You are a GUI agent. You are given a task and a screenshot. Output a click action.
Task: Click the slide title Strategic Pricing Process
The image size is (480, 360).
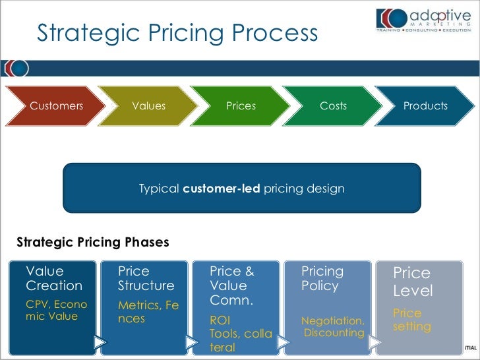(177, 33)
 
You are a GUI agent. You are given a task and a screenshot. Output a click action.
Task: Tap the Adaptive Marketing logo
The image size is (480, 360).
(421, 20)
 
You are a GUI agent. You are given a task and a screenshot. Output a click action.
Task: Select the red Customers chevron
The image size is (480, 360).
(56, 105)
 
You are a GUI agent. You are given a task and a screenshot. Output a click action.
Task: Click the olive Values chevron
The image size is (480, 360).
(148, 105)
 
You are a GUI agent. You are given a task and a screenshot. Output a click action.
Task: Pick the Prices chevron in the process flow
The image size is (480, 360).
(241, 105)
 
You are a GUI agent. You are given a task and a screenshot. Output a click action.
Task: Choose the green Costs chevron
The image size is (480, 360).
(333, 105)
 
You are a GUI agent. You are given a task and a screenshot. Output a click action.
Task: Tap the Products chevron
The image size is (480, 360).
(425, 105)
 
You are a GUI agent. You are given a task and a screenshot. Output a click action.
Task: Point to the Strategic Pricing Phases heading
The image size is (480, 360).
(92, 242)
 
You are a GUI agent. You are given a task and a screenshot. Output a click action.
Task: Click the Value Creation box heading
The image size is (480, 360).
(54, 278)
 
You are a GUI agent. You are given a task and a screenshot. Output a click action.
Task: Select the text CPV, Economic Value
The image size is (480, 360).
(56, 310)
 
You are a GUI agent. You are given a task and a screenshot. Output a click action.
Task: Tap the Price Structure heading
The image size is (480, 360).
(146, 278)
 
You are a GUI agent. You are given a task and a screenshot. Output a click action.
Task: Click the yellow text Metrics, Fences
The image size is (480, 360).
(148, 311)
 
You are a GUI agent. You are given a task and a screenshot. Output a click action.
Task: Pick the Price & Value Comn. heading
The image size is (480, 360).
(232, 285)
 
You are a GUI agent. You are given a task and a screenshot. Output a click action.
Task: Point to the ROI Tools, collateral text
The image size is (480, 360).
(240, 334)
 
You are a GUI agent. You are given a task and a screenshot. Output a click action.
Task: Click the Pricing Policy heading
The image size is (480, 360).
(322, 278)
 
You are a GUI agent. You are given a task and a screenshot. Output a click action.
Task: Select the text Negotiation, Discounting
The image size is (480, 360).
(333, 326)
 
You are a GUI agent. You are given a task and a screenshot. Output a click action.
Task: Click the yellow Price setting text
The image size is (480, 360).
(412, 319)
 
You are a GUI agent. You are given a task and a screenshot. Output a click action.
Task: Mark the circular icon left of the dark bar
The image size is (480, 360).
(16, 68)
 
